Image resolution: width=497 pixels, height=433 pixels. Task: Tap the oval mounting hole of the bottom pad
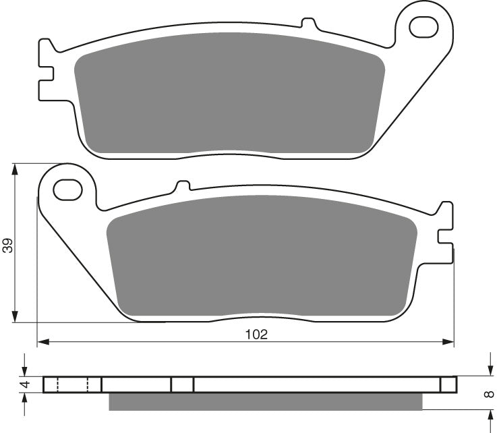[x=67, y=190]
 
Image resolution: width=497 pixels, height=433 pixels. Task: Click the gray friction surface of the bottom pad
[x=263, y=256]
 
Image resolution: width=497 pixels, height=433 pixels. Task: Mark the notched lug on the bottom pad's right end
[x=446, y=232]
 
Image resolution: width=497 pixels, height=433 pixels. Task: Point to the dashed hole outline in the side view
[x=73, y=384]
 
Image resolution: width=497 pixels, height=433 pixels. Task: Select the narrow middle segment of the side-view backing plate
[x=182, y=384]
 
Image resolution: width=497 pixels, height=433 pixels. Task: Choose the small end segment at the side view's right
[x=448, y=384]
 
